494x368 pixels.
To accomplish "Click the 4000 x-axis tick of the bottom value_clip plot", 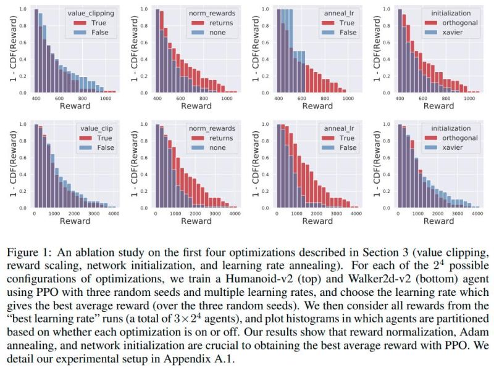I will click(x=112, y=213).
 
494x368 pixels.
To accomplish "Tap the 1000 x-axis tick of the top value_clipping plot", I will click(x=106, y=97).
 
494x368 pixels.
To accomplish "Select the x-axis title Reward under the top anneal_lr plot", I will click(x=317, y=106).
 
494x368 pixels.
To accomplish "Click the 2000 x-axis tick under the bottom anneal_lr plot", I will click(x=317, y=213).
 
